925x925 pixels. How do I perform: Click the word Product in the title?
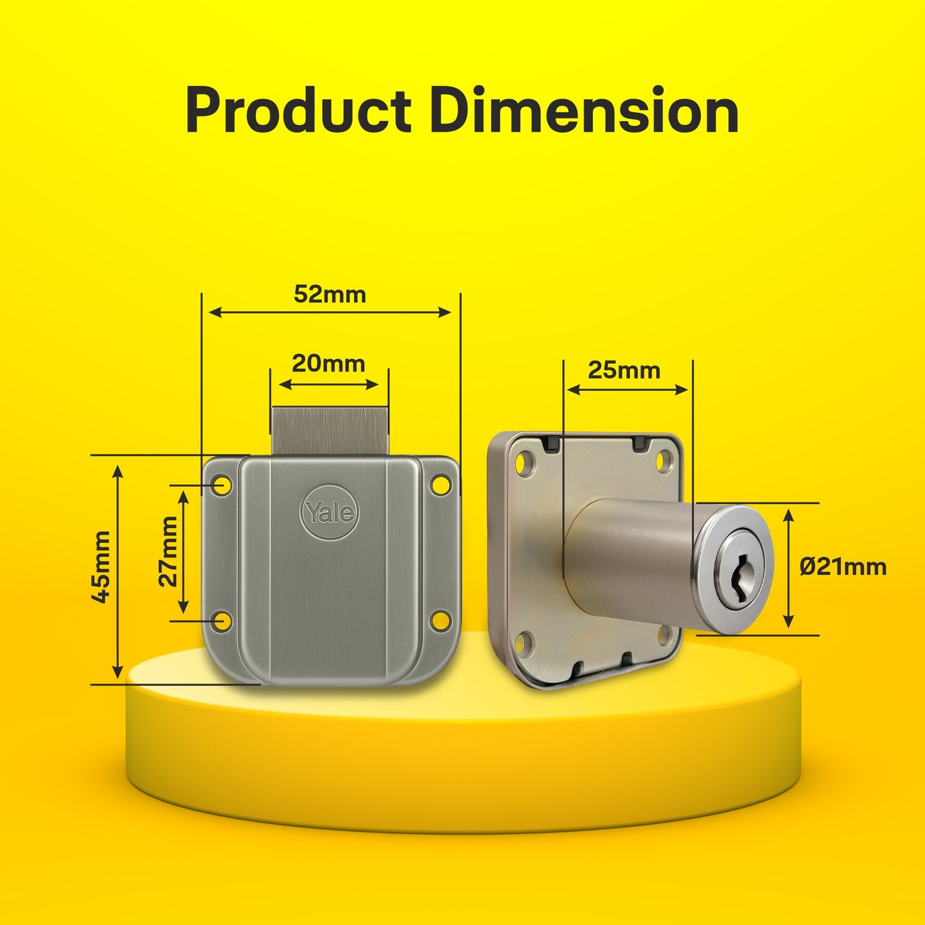coord(298,111)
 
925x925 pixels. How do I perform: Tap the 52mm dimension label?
coord(330,294)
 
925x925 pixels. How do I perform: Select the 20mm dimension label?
coord(328,364)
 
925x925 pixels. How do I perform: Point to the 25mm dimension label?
coord(623,370)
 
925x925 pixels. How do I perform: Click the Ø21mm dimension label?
coord(842,567)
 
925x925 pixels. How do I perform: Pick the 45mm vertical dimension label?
coord(101,567)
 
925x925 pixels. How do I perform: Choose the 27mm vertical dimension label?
coord(168,552)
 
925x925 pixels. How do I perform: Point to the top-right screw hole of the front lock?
coord(440,485)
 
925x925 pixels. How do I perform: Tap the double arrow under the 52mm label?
coord(330,312)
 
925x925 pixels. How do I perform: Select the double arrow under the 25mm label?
coord(627,389)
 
